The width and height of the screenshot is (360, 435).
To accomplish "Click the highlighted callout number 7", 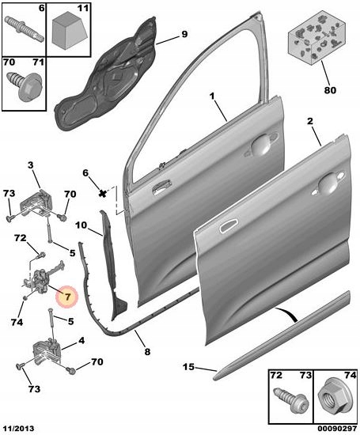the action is (67, 297).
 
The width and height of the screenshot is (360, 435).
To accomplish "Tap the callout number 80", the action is (330, 90).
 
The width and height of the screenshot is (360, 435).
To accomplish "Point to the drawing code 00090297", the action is (337, 429).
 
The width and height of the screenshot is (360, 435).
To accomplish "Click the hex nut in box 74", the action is (335, 399).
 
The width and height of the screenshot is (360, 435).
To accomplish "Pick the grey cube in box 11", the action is (70, 32).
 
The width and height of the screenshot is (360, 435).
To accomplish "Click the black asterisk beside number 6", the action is (103, 193).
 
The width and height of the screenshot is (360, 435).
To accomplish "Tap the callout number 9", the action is (184, 34).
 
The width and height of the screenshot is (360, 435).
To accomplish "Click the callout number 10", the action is (81, 225).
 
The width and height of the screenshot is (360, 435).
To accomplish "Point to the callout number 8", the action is (147, 352).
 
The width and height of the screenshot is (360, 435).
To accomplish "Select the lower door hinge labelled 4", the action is (47, 353).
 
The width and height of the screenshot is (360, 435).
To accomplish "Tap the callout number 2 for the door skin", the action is (310, 122).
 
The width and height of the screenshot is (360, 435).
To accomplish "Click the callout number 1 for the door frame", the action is (212, 96).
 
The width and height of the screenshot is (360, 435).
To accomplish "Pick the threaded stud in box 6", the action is (25, 28).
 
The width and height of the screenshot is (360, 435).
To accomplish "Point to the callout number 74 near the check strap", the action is (17, 323).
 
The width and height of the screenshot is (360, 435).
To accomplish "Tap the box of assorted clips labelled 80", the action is (317, 37).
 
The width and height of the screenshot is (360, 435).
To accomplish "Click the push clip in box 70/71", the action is (25, 85).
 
